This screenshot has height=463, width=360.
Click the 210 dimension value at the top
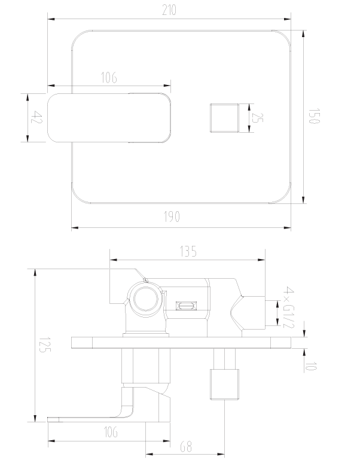coord(169,10)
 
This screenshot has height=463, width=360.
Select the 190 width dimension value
coord(172,217)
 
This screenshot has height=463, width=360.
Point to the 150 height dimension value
coord(314,116)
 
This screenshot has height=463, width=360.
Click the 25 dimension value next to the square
coord(257,117)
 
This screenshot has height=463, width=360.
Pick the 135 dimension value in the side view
coord(188,252)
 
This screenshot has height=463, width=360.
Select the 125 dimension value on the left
coord(45,345)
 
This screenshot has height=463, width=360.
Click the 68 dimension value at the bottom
coord(186,446)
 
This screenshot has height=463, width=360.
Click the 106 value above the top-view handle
coord(109,77)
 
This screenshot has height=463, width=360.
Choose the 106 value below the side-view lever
coord(111,432)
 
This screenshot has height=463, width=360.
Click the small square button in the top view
coord(224,118)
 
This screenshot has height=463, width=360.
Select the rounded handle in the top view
coord(109,118)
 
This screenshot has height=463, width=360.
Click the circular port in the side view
coord(145,298)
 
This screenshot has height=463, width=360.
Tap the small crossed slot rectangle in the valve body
coord(187,306)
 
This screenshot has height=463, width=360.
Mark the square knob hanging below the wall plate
coord(224,384)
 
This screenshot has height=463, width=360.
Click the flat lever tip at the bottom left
coord(55,419)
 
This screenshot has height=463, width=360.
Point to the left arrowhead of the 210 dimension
coord(51,19)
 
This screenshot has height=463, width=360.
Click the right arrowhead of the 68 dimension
coord(221,454)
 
